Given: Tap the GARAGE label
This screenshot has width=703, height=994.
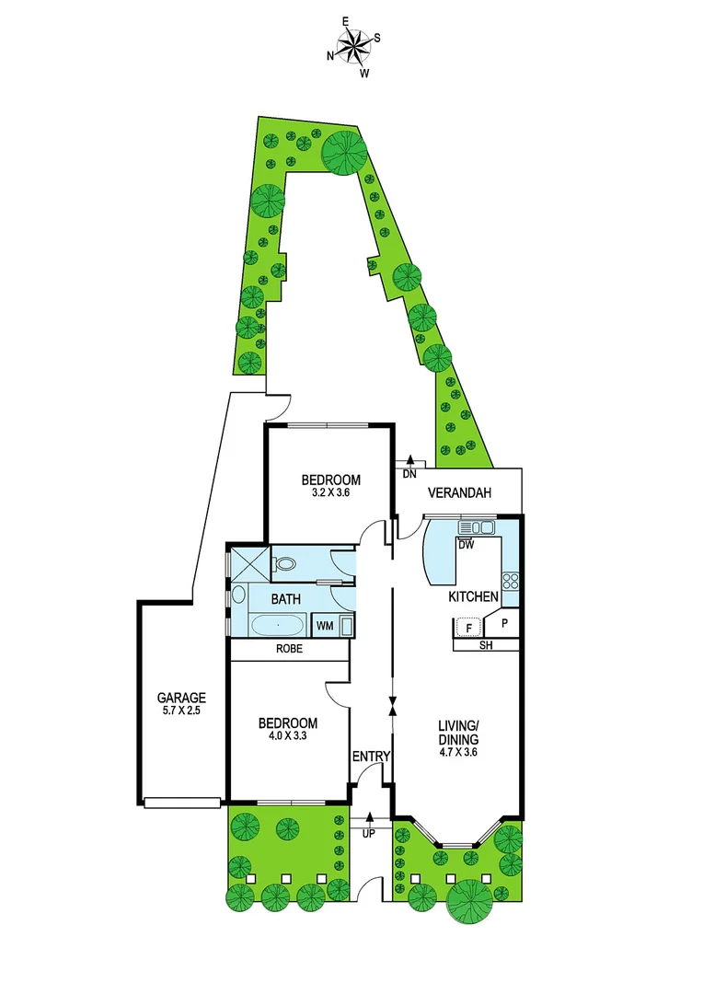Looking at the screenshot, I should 180,698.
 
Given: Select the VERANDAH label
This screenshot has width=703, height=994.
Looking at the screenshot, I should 458,493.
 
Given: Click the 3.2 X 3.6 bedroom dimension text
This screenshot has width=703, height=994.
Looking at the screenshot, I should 331,492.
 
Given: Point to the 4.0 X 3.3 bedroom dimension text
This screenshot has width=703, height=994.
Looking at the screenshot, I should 287,736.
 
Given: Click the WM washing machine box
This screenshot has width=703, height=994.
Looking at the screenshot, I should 325,626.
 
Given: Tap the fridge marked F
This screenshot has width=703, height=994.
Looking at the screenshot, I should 469,628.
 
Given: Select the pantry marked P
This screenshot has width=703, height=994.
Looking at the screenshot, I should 504,624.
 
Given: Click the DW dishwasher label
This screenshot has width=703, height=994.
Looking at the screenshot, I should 466,544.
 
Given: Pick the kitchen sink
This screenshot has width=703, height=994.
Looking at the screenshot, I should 477,527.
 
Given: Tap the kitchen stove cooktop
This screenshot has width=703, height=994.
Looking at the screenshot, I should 509,582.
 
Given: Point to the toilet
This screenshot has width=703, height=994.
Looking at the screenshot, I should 286,563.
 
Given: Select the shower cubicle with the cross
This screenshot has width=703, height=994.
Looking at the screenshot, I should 248,561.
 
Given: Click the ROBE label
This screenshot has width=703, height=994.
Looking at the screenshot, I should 290,649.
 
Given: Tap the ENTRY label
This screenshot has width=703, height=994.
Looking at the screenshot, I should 372,757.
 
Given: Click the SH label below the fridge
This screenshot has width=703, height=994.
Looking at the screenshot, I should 485,646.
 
